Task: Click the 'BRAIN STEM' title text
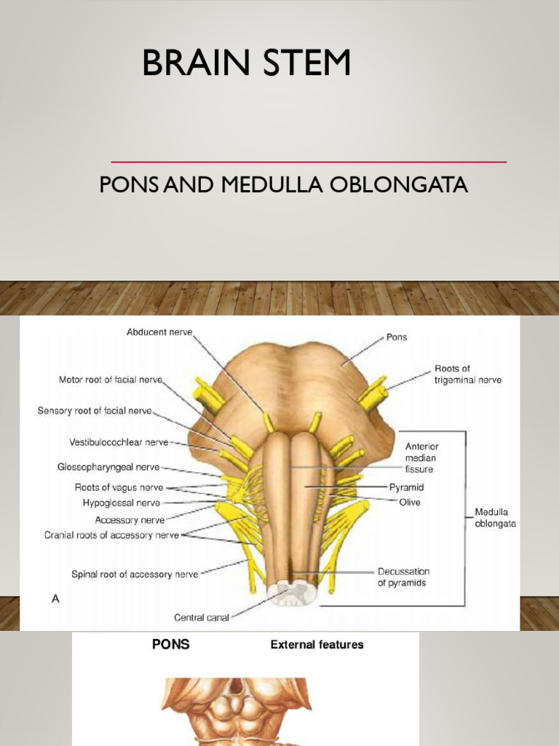[x=246, y=63]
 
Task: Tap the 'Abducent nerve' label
[x=159, y=332]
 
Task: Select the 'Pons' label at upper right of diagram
[x=396, y=338]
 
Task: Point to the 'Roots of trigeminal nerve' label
[x=468, y=374]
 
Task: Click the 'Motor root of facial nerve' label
[x=111, y=380]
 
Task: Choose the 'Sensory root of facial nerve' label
[x=95, y=411]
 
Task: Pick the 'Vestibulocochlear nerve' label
[x=119, y=442]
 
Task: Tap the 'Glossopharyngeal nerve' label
[x=108, y=467]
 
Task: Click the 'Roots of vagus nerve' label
[x=119, y=487]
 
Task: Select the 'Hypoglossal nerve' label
[x=121, y=503]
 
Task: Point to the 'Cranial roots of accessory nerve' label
[x=111, y=535]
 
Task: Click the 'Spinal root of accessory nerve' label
[x=135, y=574]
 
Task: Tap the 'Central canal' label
[x=202, y=618]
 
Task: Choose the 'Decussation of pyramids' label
[x=404, y=577]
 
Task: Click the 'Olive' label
[x=408, y=502]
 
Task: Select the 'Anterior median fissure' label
[x=422, y=458]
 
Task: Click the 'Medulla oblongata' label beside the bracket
[x=496, y=518]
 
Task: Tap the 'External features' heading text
[x=317, y=644]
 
